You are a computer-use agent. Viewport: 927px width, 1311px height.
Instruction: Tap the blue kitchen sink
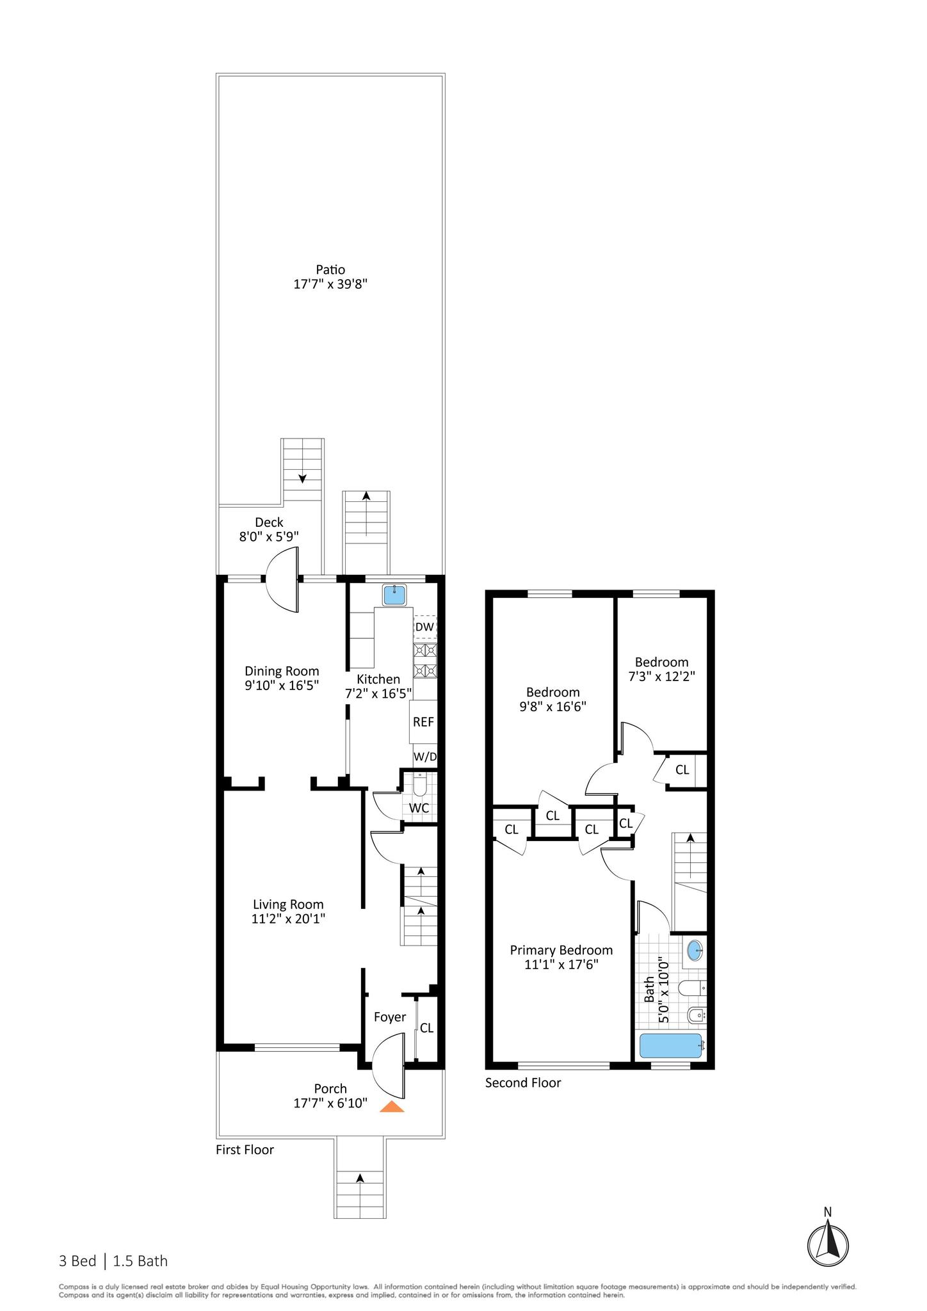point(395,595)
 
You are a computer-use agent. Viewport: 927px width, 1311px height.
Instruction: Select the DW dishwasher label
point(424,627)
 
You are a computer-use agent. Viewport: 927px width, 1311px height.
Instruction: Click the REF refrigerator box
point(423,721)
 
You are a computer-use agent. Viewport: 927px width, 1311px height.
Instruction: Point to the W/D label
point(425,757)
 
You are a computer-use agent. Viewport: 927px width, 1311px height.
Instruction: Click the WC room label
point(419,808)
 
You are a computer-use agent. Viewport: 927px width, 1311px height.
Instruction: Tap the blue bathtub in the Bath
point(671,1046)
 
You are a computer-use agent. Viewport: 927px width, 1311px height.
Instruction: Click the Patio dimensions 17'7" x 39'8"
point(330,284)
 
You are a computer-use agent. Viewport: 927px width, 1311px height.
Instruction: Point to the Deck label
point(269,522)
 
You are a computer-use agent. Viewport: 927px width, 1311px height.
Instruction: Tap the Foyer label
point(389,1017)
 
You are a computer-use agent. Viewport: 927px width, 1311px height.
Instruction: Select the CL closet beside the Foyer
point(426,1028)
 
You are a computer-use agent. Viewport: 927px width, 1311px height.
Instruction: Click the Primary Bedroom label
point(561,951)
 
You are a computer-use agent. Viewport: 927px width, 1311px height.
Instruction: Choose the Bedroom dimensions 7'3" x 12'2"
point(661,676)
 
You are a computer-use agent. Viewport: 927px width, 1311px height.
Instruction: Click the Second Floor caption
point(522,1082)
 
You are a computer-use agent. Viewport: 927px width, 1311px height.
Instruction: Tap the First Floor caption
point(245,1150)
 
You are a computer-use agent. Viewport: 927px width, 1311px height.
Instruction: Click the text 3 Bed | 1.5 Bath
point(113,1261)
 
